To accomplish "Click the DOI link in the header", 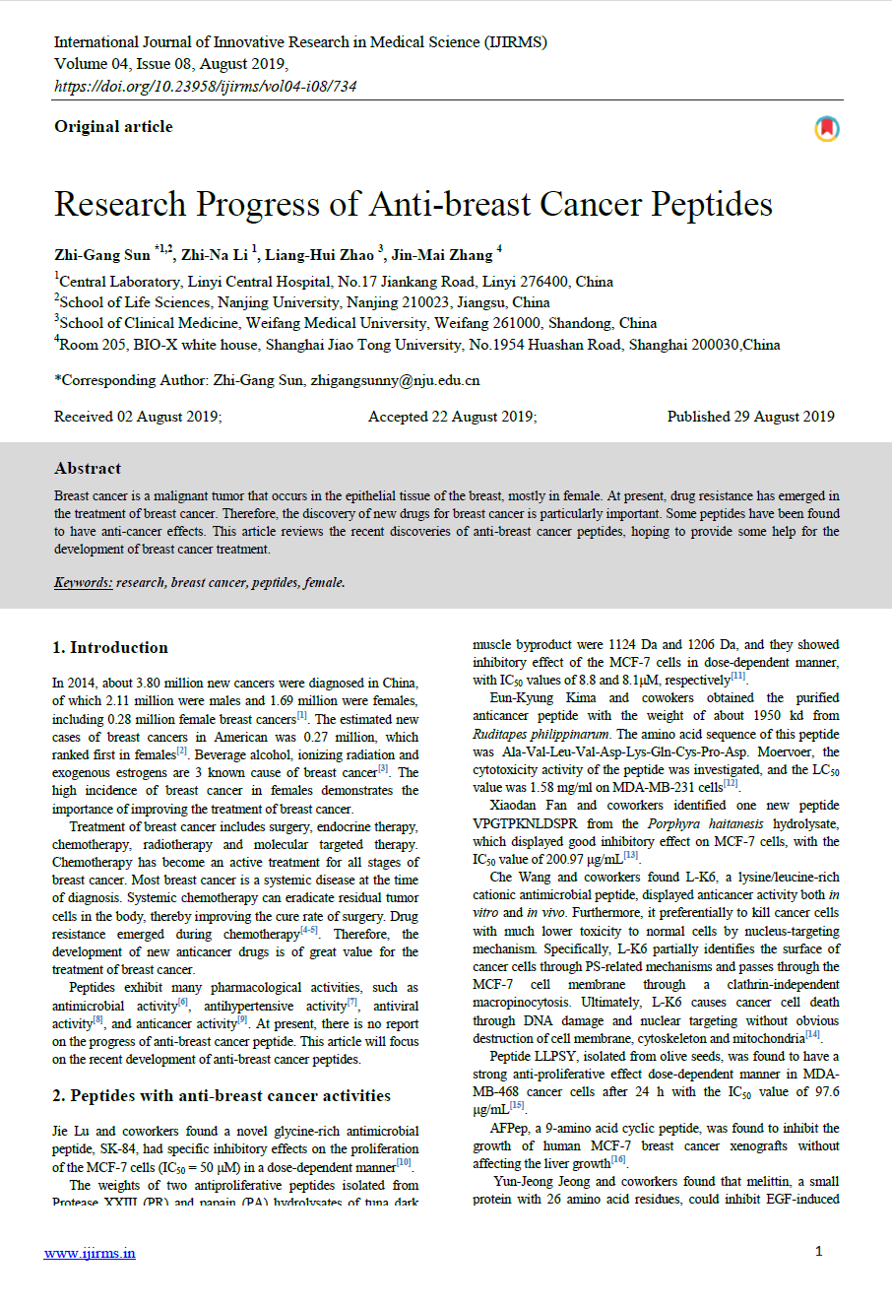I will tap(205, 86).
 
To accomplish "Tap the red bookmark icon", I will tap(827, 129).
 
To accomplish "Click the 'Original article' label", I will tap(113, 126).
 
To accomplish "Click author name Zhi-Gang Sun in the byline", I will tap(102, 255).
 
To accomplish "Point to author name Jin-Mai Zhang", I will tap(441, 255).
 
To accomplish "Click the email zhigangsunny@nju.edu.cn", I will tap(396, 380).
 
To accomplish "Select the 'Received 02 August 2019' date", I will tap(138, 417).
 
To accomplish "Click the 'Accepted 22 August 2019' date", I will tap(453, 417).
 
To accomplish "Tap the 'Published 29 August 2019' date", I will tap(750, 417).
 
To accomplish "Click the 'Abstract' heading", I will tap(88, 468).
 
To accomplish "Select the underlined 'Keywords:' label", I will tap(84, 582).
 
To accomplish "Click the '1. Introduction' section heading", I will tap(110, 647).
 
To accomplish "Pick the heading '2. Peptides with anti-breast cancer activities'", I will tap(222, 1095).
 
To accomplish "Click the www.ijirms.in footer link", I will tap(90, 1253).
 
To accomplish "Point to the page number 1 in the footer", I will tap(818, 1251).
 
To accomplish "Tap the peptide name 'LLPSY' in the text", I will tap(556, 1056).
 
